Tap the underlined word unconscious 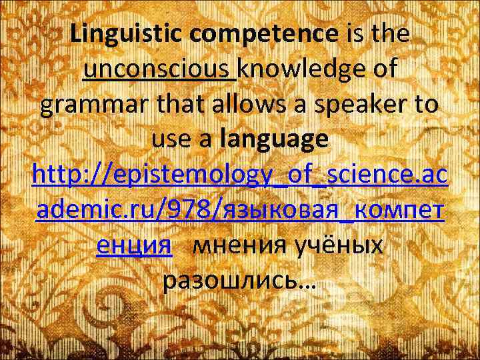tap(159, 70)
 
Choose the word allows tap(240, 105)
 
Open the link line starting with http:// tap(240, 176)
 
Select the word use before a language tap(171, 141)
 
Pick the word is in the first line tap(353, 33)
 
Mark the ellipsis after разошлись tap(309, 287)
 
